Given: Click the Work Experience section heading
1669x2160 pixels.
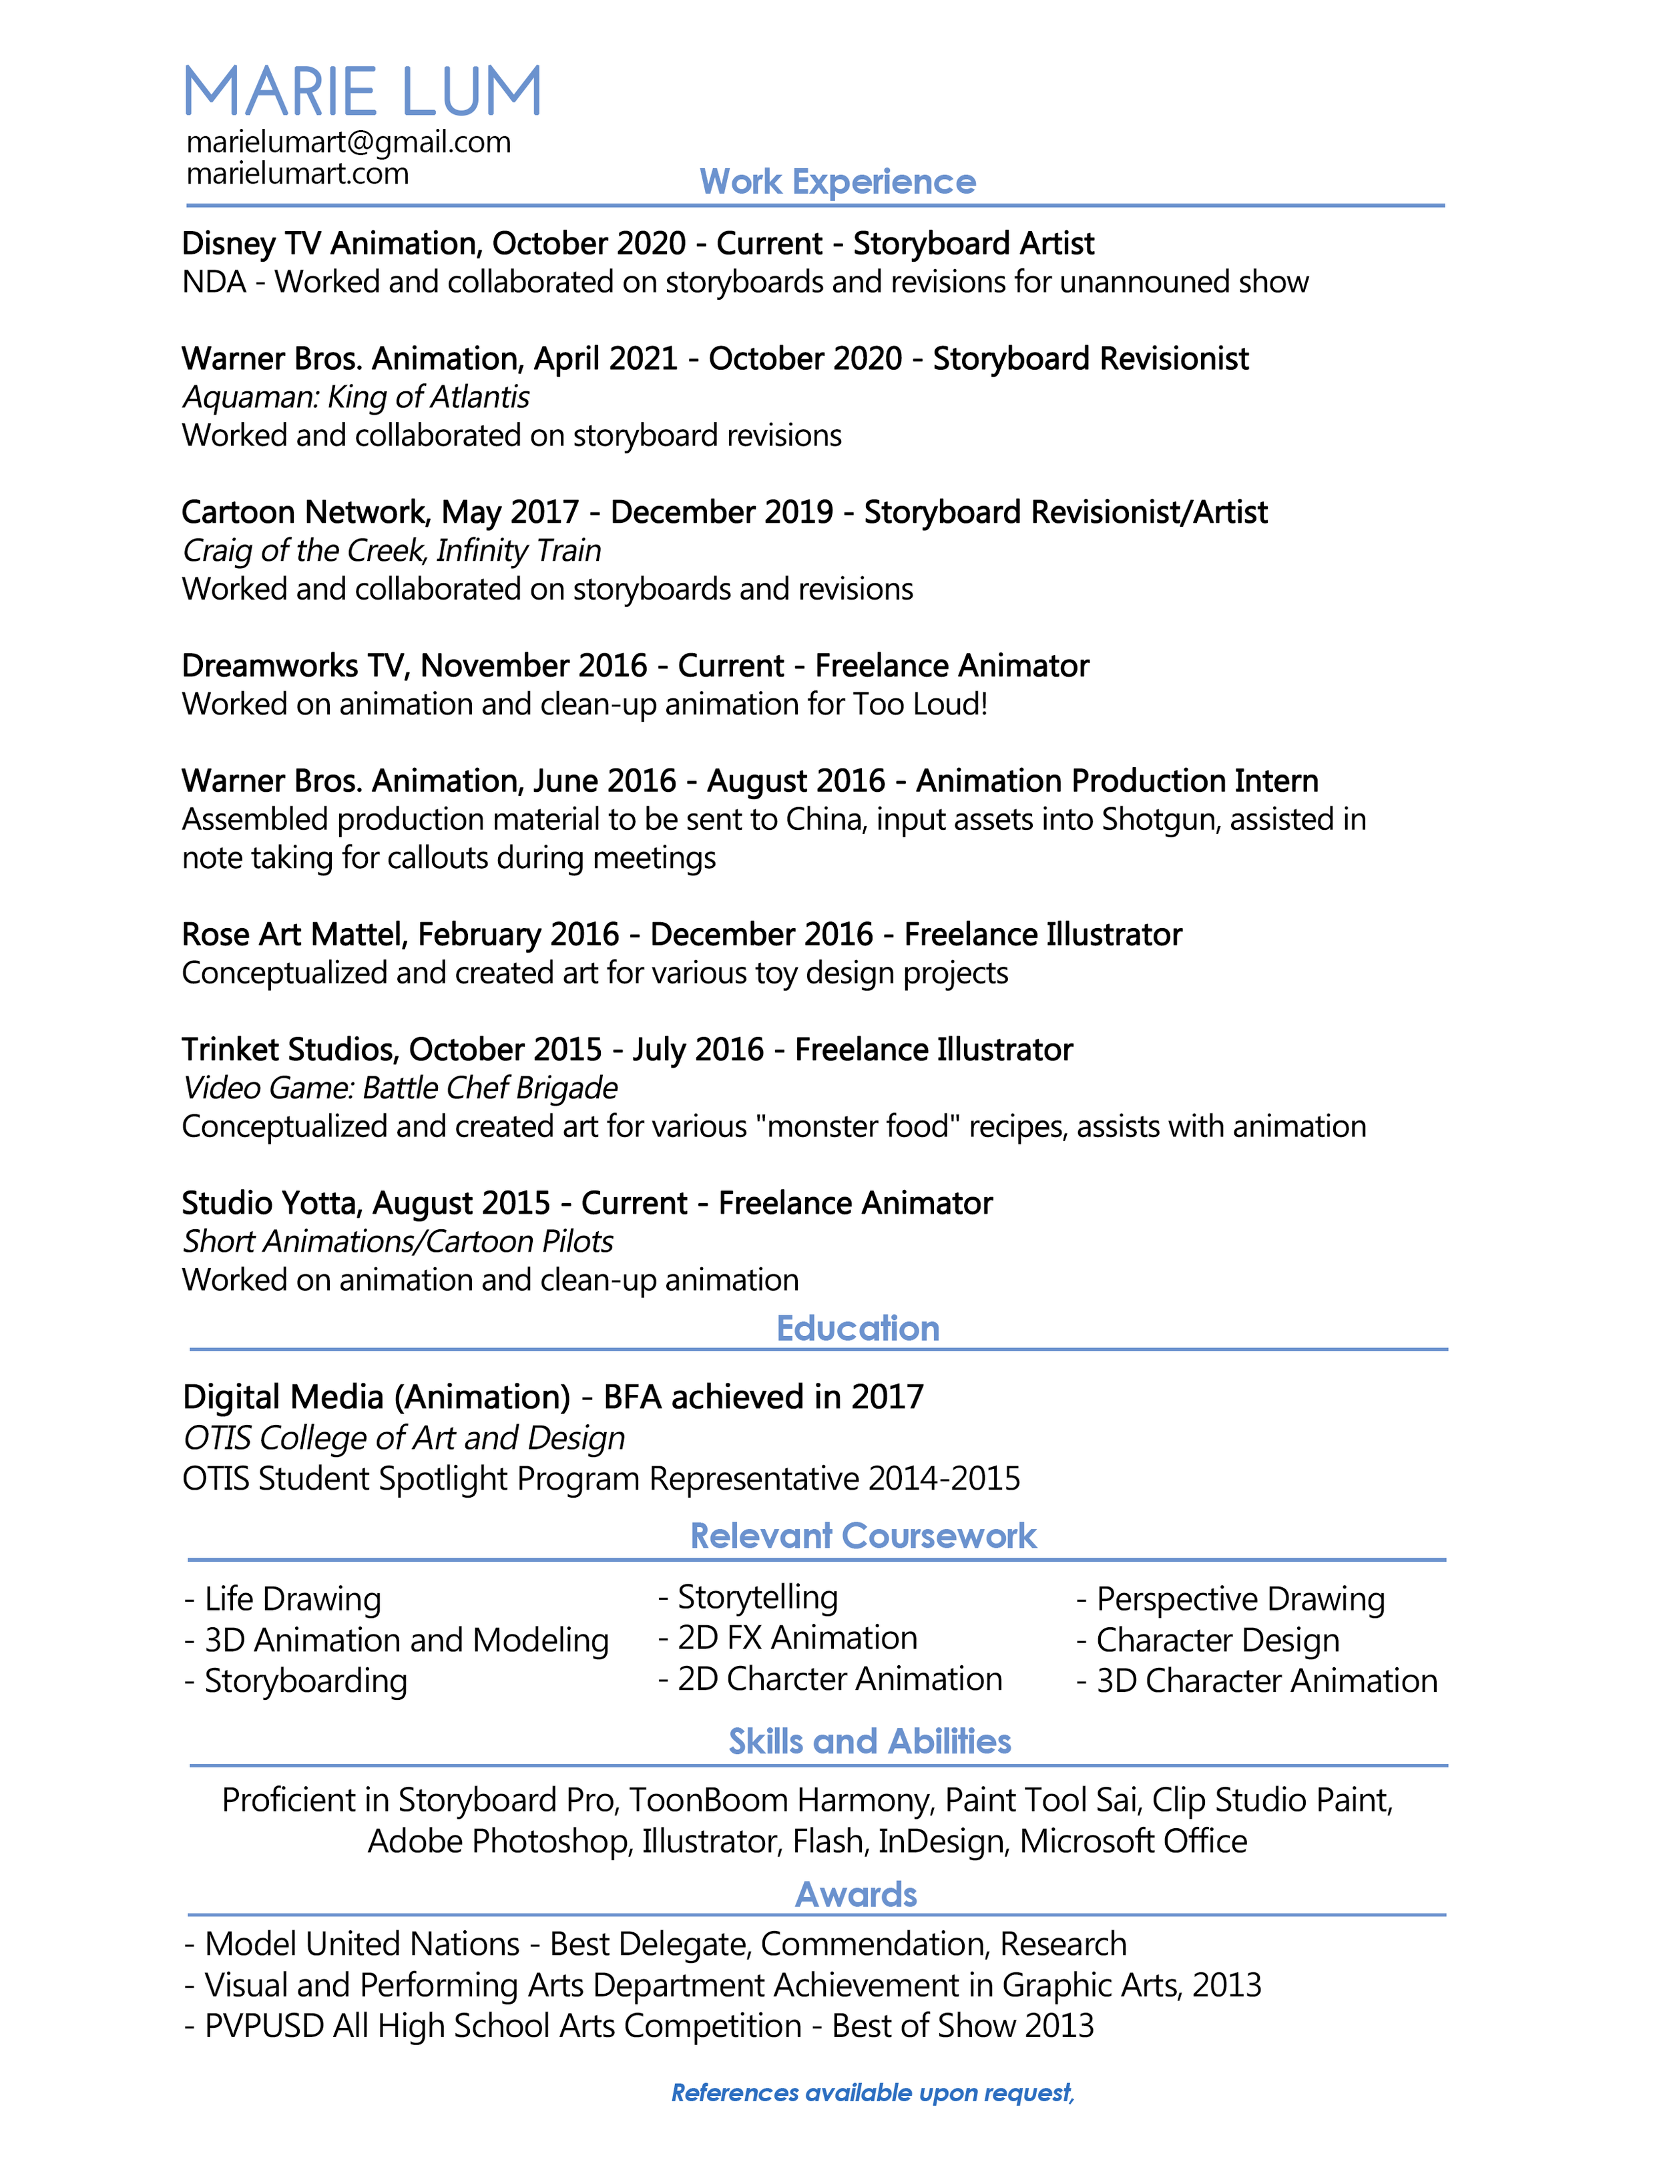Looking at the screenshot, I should point(837,182).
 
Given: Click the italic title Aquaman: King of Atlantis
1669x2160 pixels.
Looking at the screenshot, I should point(356,397).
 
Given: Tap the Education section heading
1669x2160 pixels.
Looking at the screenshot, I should point(857,1328).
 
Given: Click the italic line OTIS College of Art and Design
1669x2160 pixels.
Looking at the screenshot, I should point(403,1438).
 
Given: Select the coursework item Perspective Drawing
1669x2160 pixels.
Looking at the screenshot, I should point(1240,1599).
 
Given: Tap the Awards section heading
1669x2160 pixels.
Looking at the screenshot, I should point(857,1894).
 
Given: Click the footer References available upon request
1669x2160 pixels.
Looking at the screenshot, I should point(871,2093).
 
